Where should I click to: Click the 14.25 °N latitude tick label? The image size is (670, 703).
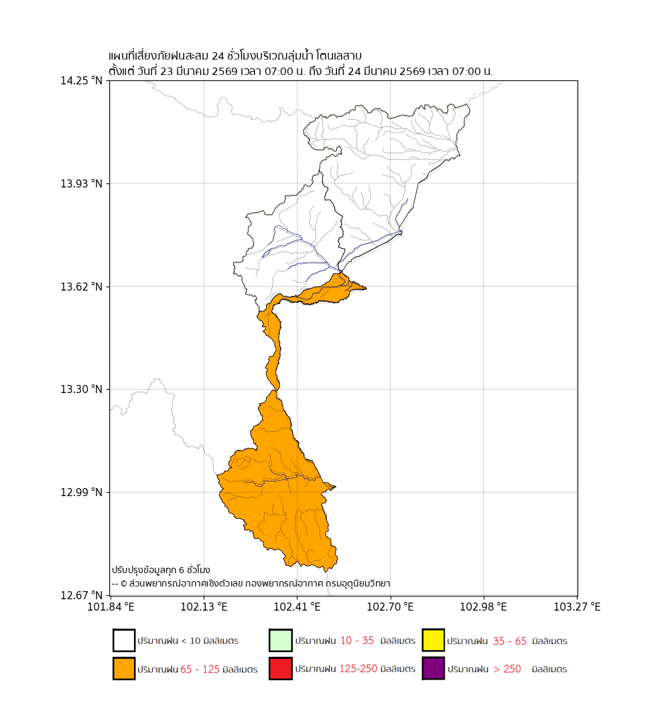tap(82, 81)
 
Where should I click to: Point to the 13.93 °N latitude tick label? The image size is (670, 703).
tap(82, 183)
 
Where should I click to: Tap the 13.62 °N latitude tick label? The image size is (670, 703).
tap(82, 287)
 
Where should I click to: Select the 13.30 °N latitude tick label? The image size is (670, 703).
tap(82, 389)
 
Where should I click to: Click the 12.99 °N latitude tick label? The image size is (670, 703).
tap(82, 492)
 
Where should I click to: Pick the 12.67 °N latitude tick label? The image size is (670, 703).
tap(82, 595)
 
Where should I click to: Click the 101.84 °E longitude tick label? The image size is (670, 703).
tap(111, 607)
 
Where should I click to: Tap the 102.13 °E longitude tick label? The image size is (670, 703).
tap(204, 607)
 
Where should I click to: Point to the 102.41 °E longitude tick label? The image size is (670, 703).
tap(297, 607)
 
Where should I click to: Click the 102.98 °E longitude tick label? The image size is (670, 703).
tap(484, 607)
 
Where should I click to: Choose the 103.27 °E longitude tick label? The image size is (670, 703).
tap(577, 607)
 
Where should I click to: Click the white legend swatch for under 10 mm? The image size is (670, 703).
tap(124, 641)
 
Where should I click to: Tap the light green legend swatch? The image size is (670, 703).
tap(280, 641)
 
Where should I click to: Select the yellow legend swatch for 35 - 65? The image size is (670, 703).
tap(433, 641)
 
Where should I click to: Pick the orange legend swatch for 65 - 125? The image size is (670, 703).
tap(124, 669)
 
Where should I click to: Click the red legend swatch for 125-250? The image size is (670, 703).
tap(280, 669)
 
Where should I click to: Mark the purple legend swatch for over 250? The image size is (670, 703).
tap(433, 669)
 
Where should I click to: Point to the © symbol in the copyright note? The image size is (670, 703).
tap(124, 584)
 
